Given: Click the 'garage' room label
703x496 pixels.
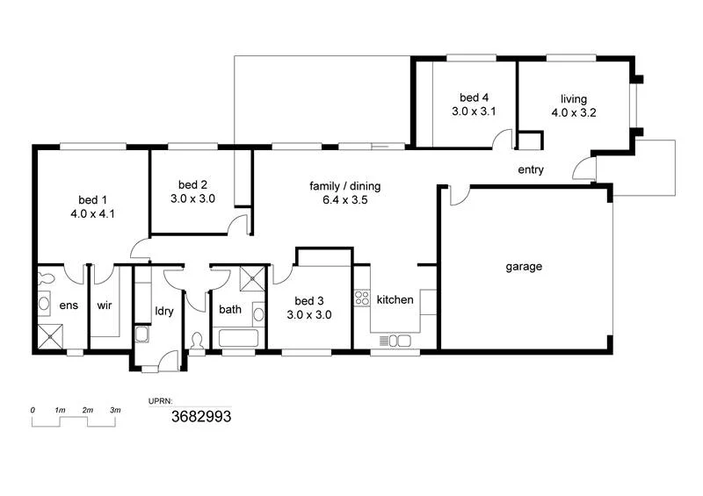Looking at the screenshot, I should [524, 267].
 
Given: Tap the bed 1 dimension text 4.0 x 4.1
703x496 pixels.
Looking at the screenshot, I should [94, 213].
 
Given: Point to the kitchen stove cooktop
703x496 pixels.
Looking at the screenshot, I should [360, 298].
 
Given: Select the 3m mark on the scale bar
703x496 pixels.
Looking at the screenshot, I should [115, 411].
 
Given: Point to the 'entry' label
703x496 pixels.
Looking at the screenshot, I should [531, 170].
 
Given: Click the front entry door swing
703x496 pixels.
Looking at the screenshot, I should [583, 170].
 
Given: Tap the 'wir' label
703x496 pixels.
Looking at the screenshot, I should [105, 306].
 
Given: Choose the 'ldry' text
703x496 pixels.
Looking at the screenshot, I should [163, 311].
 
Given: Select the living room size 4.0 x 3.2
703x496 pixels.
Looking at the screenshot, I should [574, 112].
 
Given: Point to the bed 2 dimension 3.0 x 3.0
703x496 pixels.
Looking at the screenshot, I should [192, 199].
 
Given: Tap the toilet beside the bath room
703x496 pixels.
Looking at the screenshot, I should [197, 340].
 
